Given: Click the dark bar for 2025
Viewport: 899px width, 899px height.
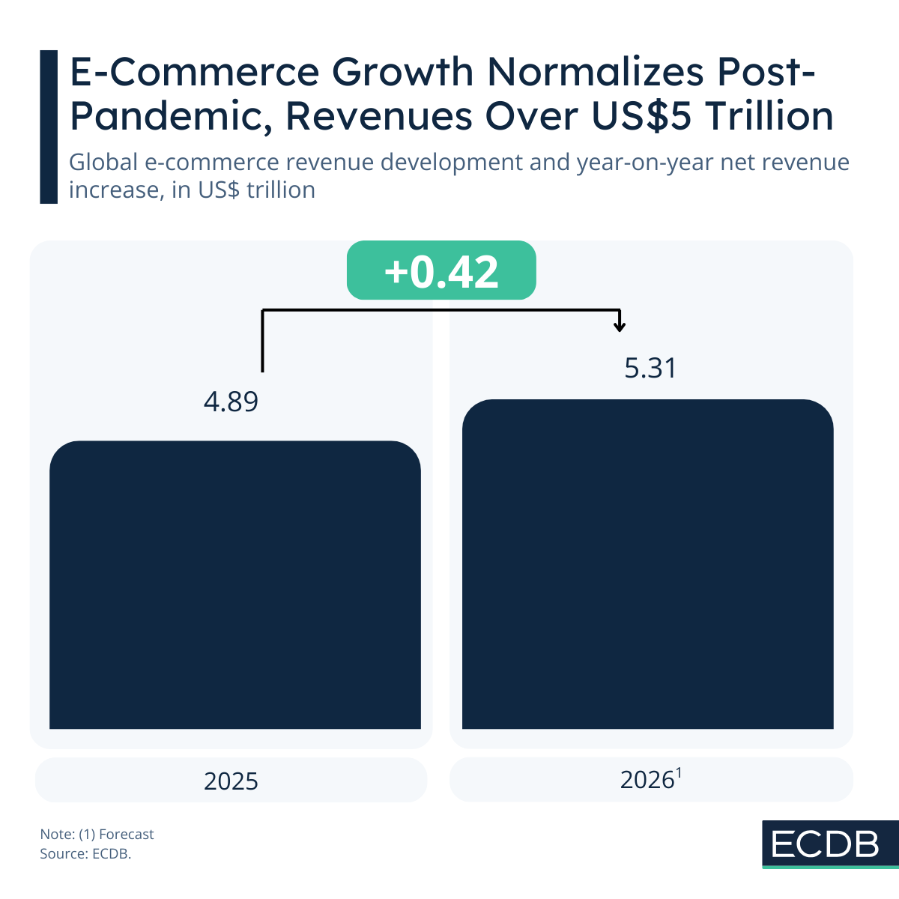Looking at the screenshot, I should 235,584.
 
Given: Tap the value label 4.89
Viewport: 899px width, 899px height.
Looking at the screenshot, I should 231,402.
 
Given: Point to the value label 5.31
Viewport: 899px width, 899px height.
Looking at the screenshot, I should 650,369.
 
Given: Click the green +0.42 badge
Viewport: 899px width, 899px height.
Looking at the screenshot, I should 441,270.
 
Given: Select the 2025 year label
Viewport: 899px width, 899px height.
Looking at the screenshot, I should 231,781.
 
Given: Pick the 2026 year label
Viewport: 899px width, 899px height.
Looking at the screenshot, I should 647,781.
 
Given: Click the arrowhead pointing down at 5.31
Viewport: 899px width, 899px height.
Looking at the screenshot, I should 620,326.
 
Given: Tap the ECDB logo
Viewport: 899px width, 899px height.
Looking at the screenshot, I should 826,844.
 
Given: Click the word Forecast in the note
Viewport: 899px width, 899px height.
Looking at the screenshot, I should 126,834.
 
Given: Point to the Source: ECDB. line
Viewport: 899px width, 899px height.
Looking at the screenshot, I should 85,853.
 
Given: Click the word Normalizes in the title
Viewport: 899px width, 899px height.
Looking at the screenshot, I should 595,73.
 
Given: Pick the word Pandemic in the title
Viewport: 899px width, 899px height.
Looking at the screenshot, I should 171,117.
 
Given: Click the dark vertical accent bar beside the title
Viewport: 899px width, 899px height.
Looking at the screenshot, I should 49,127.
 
